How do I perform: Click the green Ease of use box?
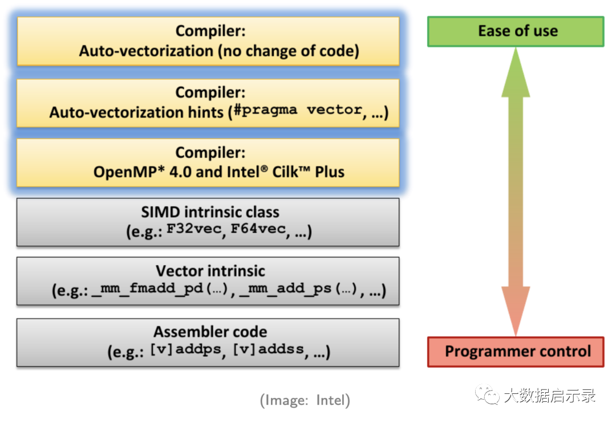pyautogui.click(x=516, y=31)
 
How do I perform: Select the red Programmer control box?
pyautogui.click(x=516, y=351)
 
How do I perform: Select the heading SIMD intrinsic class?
pyautogui.click(x=210, y=213)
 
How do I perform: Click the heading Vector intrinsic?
pyautogui.click(x=210, y=271)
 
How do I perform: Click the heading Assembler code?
pyautogui.click(x=210, y=332)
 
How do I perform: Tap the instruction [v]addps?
pyautogui.click(x=185, y=351)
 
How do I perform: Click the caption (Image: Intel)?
pyautogui.click(x=305, y=401)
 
